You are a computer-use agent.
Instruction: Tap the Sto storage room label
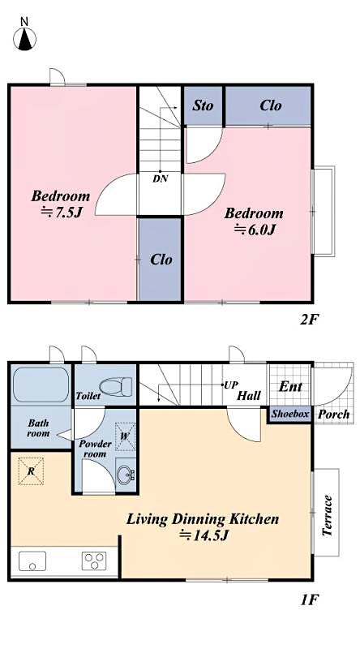point(203,105)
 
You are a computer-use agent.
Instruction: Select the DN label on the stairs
point(161,178)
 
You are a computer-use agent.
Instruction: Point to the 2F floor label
point(309,319)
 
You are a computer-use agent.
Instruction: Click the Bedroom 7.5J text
point(60,204)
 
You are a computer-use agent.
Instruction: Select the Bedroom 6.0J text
point(254,221)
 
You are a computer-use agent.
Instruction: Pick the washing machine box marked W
point(125,436)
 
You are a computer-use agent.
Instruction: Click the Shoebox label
point(289,414)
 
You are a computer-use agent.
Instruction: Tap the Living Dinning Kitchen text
point(203,527)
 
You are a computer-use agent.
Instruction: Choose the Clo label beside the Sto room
point(271,105)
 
